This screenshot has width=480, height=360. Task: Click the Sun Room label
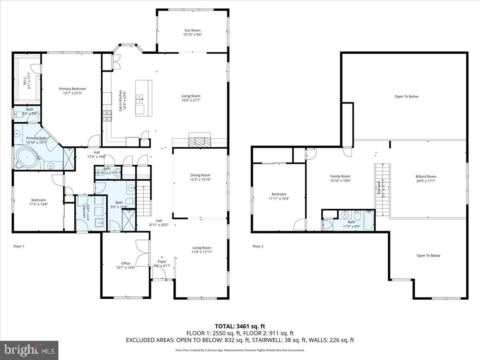tap(192, 30)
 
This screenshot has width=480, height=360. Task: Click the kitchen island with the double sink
tap(143, 98)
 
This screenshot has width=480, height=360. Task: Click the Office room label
tap(126, 263)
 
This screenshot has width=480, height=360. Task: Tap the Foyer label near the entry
tap(162, 261)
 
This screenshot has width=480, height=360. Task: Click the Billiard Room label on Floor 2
tap(426, 176)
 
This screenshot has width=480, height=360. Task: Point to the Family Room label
tap(340, 176)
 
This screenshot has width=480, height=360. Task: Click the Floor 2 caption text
tap(258, 246)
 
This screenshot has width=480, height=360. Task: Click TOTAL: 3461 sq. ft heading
tap(240, 326)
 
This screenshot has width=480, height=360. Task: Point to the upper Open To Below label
tap(406, 96)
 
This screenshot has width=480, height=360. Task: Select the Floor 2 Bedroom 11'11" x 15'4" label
tap(279, 196)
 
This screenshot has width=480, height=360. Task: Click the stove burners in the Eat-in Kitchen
tap(107, 116)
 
